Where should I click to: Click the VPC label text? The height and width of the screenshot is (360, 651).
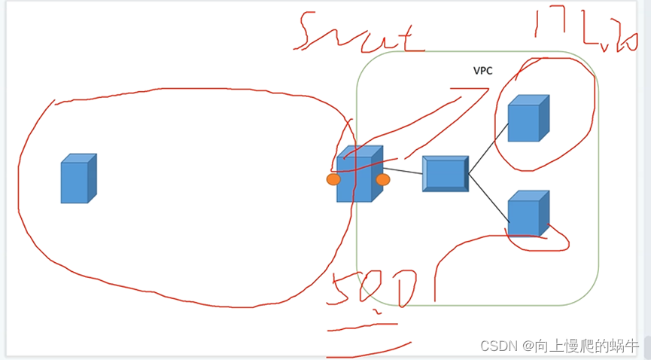click(x=482, y=71)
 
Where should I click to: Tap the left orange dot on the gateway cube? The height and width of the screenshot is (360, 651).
click(x=333, y=179)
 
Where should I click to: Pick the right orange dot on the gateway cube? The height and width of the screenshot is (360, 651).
click(x=383, y=179)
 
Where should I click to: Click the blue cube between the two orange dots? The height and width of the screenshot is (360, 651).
click(x=357, y=176)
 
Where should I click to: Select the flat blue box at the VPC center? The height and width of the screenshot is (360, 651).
click(x=445, y=174)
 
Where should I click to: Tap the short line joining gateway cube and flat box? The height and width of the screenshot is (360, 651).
click(x=403, y=172)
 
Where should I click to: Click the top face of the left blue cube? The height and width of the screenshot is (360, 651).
click(x=77, y=158)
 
